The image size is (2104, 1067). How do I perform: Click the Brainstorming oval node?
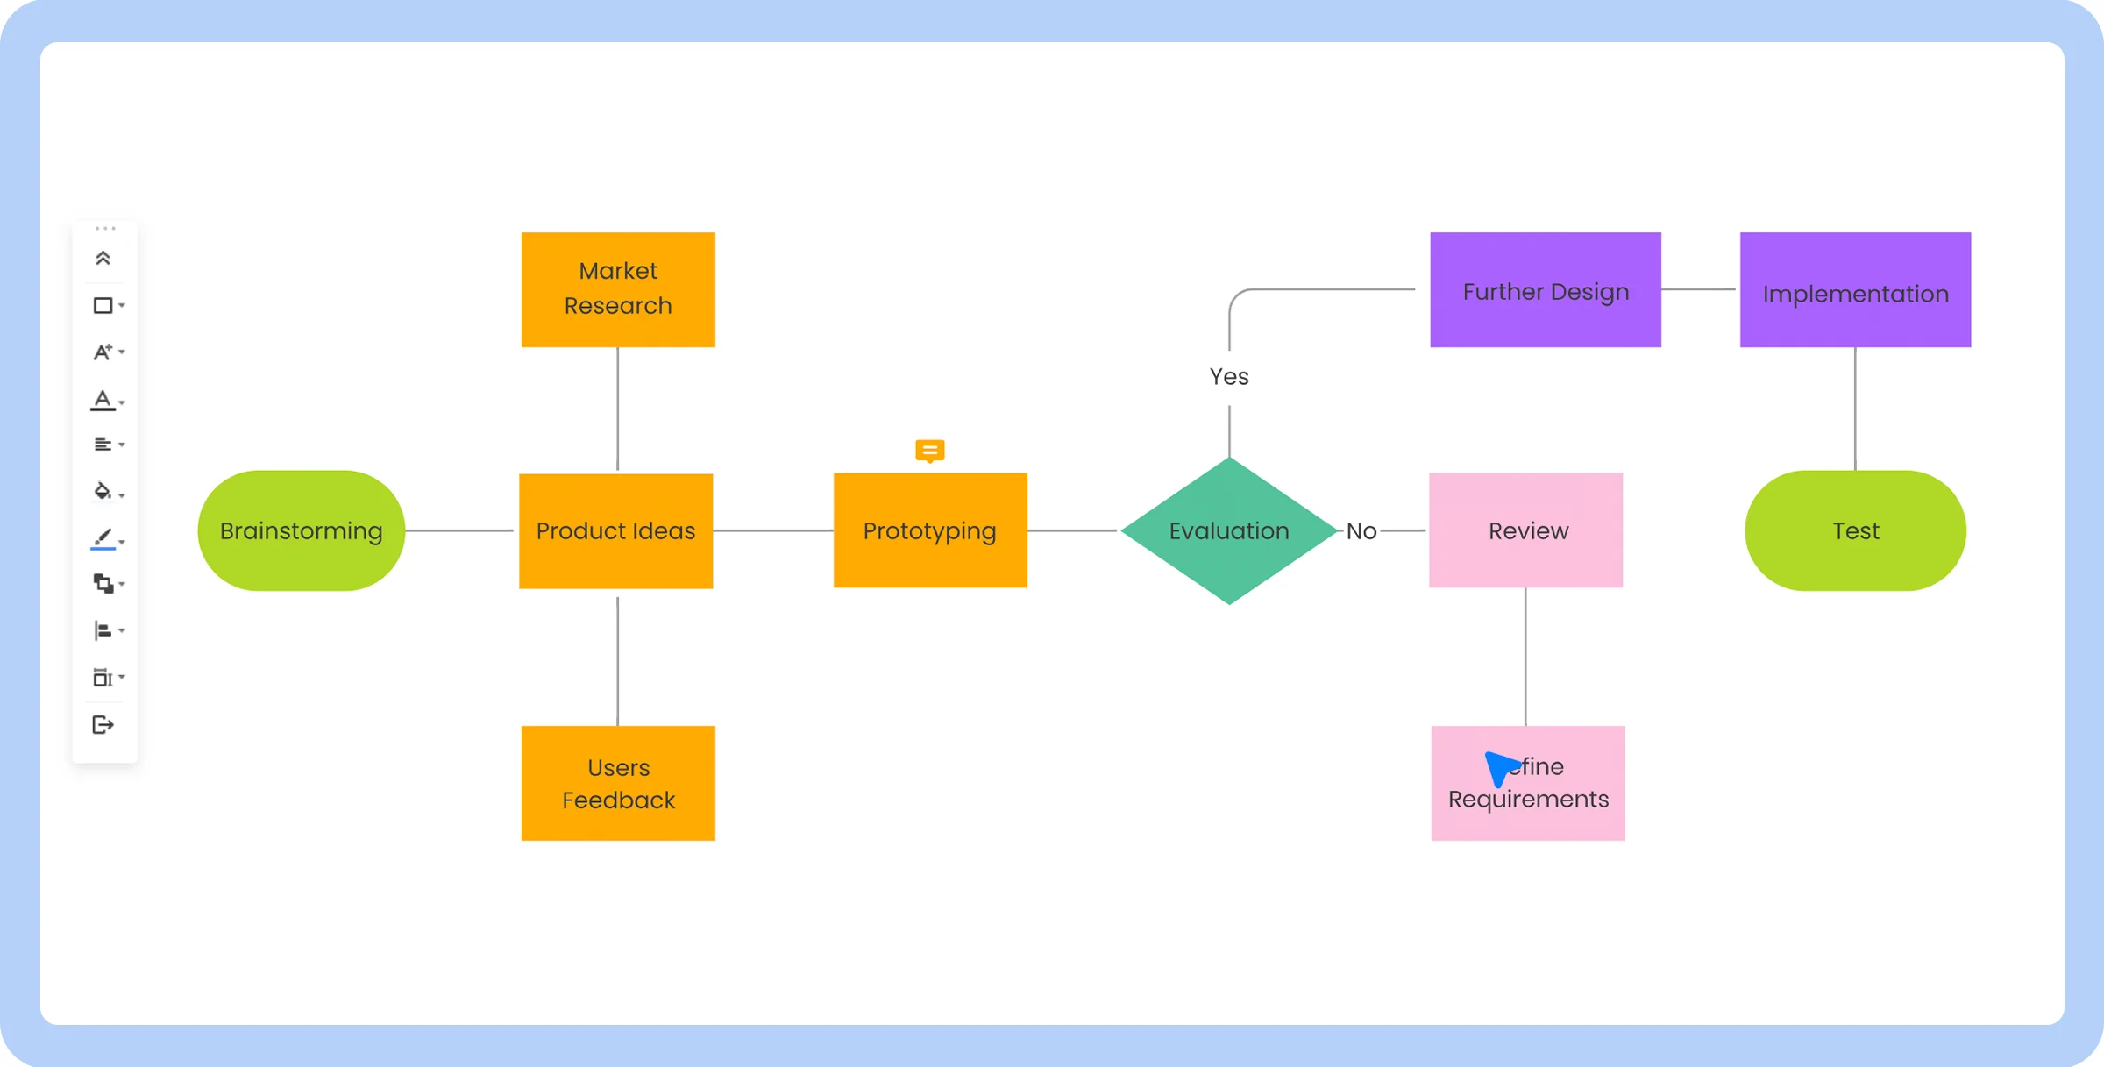click(x=301, y=530)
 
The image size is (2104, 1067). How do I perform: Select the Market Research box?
click(x=618, y=289)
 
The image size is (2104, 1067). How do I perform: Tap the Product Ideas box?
click(x=615, y=530)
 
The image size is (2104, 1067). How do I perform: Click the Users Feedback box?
click(x=618, y=783)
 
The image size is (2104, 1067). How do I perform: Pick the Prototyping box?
click(x=929, y=530)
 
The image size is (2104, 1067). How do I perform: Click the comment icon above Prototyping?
click(x=929, y=451)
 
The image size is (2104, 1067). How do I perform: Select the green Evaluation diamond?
click(x=1229, y=530)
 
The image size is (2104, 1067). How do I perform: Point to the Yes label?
click(x=1229, y=377)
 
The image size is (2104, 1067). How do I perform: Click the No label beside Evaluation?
click(x=1361, y=531)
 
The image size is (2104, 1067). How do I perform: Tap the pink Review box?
click(x=1526, y=530)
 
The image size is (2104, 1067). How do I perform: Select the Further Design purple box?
click(x=1545, y=290)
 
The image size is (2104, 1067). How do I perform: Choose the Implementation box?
click(x=1855, y=290)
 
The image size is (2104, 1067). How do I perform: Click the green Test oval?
click(x=1855, y=530)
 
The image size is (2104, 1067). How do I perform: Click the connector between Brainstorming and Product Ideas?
click(x=459, y=530)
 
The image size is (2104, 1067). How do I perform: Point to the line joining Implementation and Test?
click(x=1855, y=409)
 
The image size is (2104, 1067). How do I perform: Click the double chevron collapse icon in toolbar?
click(x=103, y=258)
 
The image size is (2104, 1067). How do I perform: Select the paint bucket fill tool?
click(x=103, y=491)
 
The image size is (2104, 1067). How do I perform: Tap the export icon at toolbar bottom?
click(x=103, y=725)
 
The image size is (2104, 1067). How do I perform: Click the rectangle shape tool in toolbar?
click(x=103, y=305)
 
